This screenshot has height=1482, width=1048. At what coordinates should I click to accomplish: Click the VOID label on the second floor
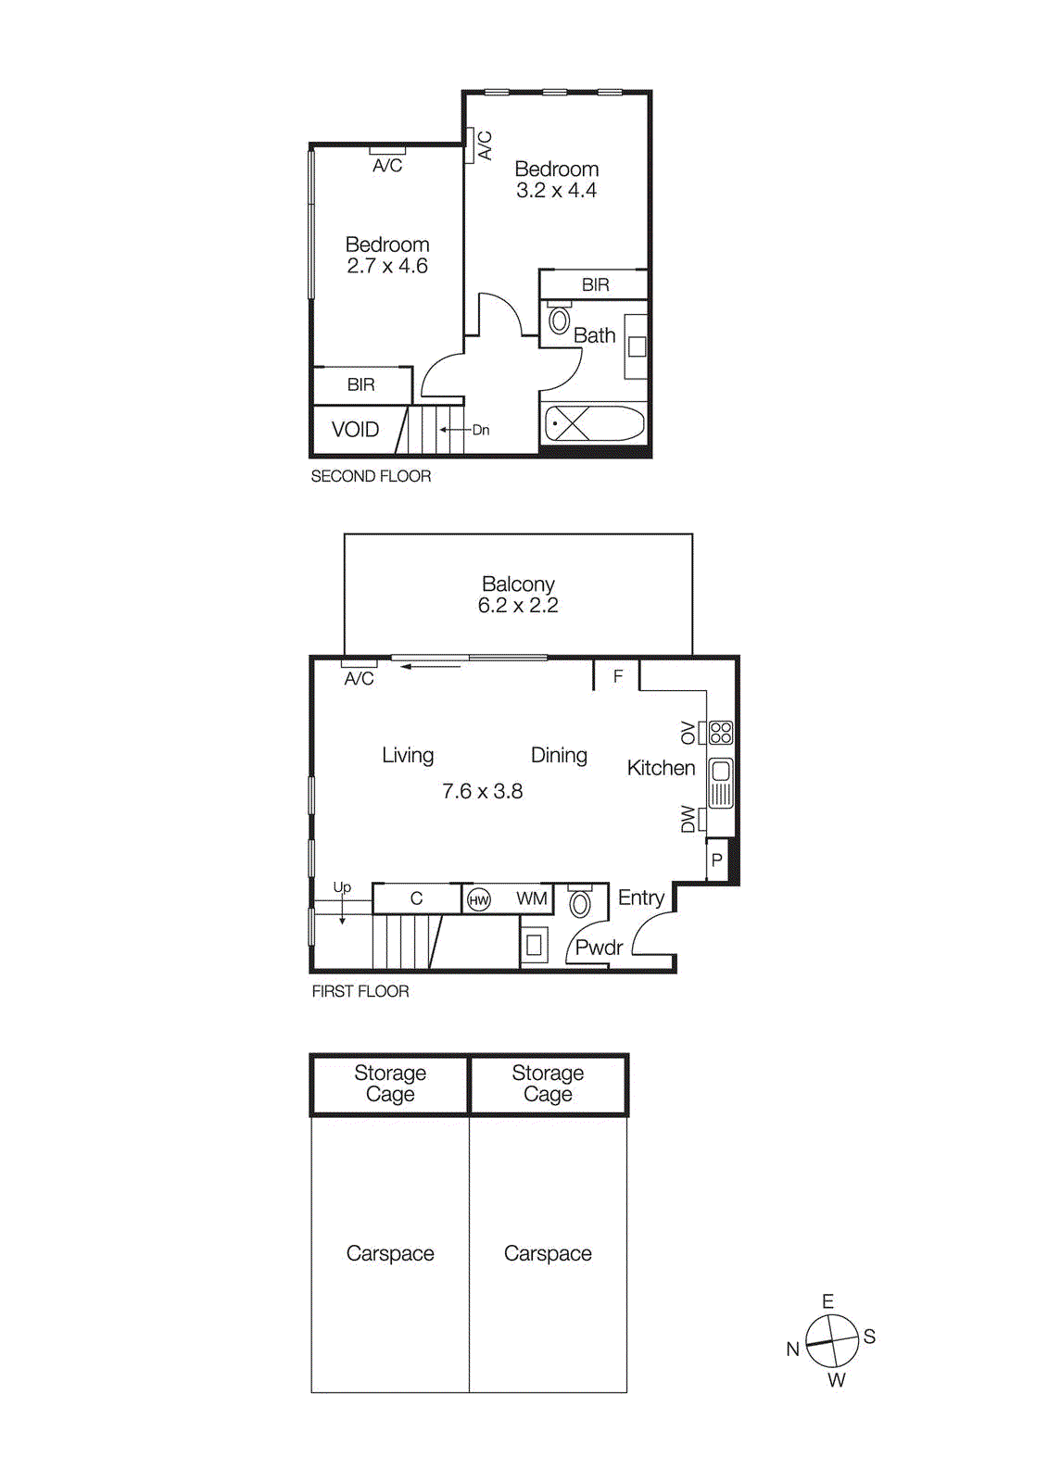point(355,430)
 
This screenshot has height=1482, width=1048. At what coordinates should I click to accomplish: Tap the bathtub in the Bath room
point(594,424)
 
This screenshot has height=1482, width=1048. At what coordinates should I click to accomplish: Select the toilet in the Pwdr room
point(580,903)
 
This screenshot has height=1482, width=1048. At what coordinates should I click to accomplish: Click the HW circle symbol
point(479,900)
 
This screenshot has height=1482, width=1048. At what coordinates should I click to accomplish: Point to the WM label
point(531,898)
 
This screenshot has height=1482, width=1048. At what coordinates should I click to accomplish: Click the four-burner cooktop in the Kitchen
point(721,733)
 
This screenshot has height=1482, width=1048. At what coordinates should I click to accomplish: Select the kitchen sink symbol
point(721,782)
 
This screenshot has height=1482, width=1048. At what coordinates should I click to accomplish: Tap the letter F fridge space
point(618,676)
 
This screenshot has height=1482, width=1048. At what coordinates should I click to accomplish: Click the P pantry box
point(717,860)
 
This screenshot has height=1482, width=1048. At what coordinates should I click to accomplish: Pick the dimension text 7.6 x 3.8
point(482,792)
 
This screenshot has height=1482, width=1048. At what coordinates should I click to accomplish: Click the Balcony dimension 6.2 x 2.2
point(518,606)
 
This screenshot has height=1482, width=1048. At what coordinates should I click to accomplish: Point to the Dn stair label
point(481,430)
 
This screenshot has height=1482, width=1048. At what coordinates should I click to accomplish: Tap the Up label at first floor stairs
point(342,887)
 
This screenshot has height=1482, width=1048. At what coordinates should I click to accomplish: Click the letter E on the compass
point(827,1301)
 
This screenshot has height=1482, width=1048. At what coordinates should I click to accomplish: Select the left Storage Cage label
point(390,1083)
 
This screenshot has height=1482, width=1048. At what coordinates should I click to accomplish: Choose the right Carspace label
point(548,1253)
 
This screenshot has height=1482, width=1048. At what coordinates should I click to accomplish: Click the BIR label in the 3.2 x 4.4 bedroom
point(595,285)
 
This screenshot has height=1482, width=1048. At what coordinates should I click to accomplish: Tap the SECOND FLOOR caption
point(371,476)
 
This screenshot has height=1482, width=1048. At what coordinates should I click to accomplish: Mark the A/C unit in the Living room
point(359,664)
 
